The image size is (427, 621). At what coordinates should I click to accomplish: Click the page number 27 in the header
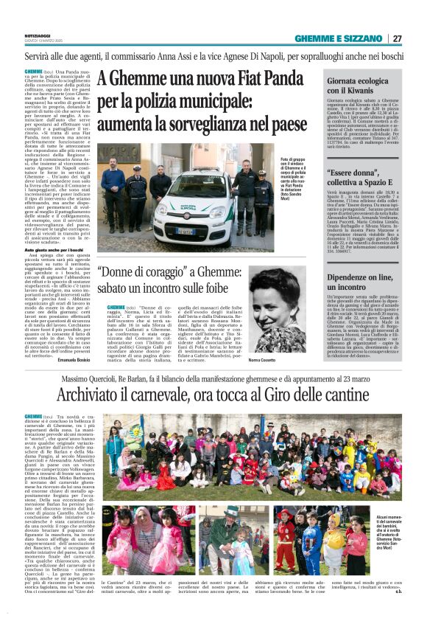click(398, 38)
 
